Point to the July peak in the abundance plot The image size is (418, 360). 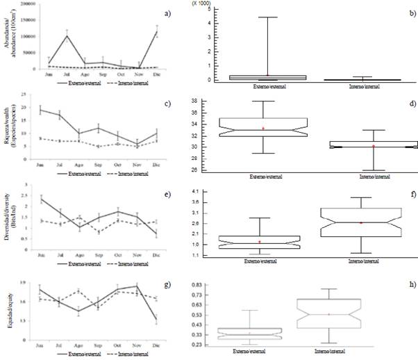67,35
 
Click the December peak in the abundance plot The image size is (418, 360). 157,32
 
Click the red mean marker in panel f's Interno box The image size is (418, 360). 361,222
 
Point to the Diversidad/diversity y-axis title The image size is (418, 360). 8,213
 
